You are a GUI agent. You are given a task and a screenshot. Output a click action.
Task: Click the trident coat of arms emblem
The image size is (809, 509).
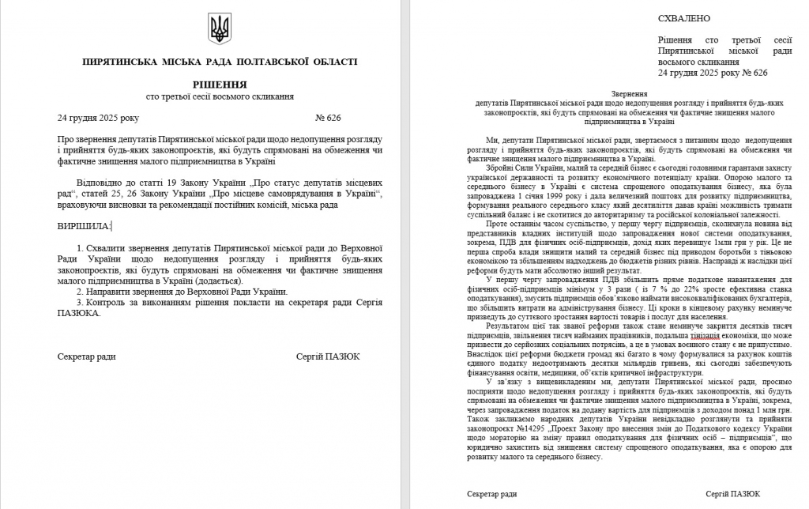219,29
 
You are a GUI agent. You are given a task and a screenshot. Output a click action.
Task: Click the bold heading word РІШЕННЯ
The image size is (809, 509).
219,84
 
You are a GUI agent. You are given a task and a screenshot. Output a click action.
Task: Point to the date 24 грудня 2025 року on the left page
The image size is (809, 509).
98,119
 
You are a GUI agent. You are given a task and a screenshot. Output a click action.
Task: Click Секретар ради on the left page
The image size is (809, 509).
86,356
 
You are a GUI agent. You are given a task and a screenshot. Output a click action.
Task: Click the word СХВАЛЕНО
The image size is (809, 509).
683,18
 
